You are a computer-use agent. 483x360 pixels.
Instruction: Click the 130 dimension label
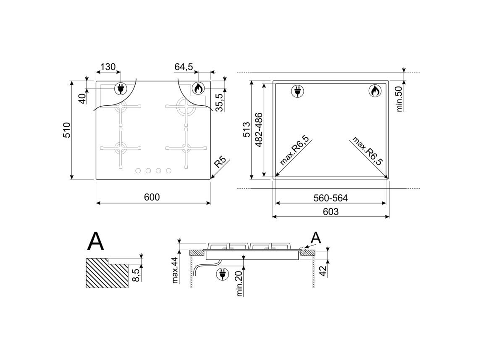(108, 66)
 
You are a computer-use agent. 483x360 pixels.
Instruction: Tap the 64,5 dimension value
(184, 66)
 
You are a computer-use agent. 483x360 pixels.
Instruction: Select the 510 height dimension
(67, 130)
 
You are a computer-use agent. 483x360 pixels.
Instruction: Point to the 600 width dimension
(152, 197)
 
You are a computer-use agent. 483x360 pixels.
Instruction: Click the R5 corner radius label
(220, 162)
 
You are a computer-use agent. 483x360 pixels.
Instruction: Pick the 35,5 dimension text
(220, 102)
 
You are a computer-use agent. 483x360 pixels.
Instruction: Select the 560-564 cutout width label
(331, 198)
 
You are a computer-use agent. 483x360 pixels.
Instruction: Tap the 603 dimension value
(331, 211)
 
